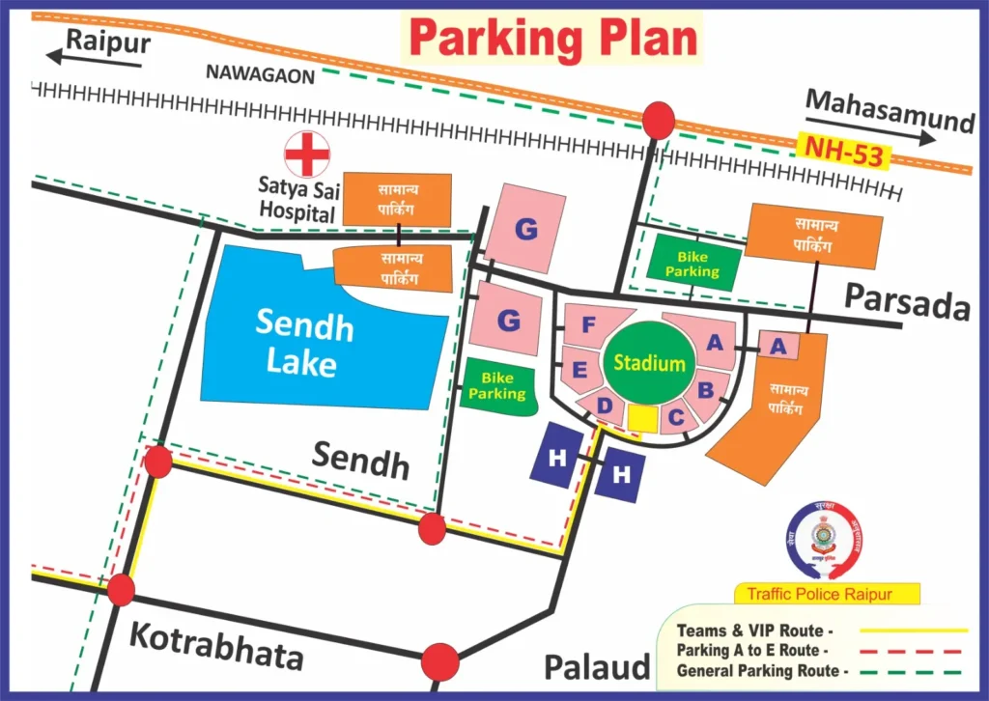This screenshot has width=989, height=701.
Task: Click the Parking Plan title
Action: click(553, 40)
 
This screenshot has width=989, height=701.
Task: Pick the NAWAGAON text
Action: click(260, 76)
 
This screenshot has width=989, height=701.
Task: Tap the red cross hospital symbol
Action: click(307, 154)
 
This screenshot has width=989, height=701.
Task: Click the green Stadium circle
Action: click(649, 364)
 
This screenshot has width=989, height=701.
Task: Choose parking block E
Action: click(581, 369)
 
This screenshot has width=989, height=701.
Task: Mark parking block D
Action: click(606, 406)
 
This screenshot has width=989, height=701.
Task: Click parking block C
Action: click(677, 417)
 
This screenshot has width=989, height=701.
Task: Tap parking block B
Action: click(706, 389)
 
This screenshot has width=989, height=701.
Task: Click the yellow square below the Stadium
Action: click(643, 418)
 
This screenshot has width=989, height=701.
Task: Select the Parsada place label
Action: click(907, 301)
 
